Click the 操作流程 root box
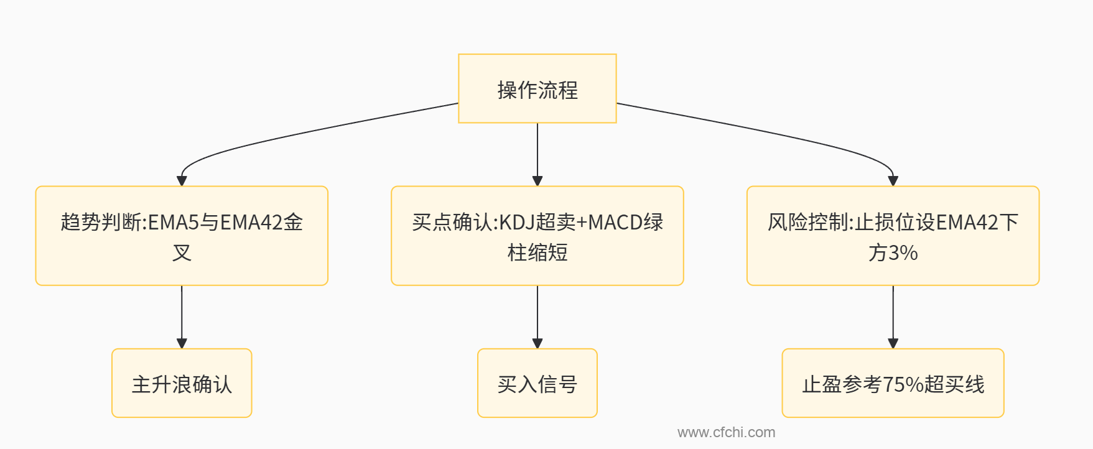coord(537,88)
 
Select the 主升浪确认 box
coord(182,383)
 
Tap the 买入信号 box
coord(537,383)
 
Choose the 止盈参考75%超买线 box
coord(893,383)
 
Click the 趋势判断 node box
coord(182,236)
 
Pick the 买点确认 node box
coord(537,236)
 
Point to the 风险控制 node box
coord(893,236)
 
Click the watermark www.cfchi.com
coord(726,432)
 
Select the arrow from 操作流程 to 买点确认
coord(537,152)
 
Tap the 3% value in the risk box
coord(903,253)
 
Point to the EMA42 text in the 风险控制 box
coord(967,222)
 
